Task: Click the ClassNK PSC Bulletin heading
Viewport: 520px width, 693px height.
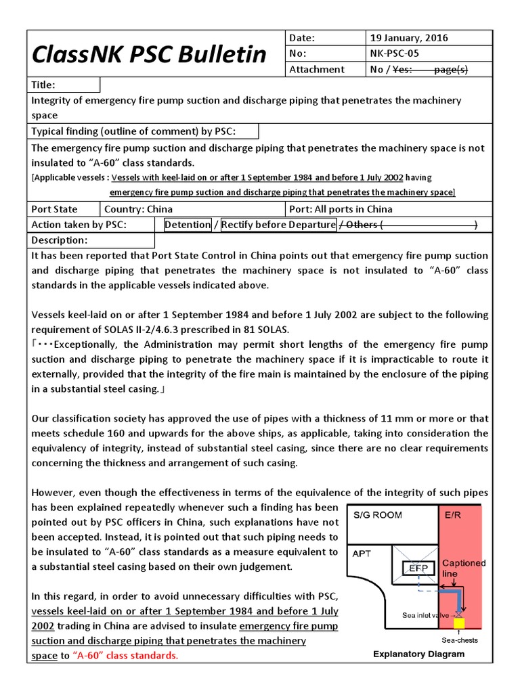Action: [x=150, y=54]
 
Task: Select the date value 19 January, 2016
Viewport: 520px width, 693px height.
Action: [x=408, y=38]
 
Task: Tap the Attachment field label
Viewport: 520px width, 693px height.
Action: [x=316, y=69]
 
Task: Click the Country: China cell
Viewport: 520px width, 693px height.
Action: [x=138, y=209]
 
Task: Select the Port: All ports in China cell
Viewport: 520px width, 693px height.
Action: [x=341, y=209]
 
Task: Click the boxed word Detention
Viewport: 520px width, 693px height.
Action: [x=188, y=225]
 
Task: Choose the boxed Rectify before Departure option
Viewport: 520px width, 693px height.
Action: [x=278, y=225]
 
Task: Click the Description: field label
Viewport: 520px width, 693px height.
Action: [x=60, y=240]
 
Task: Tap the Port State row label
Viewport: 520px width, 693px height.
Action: [x=54, y=209]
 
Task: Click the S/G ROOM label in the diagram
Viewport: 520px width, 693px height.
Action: [x=378, y=515]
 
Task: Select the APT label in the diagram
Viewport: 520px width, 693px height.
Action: [x=362, y=553]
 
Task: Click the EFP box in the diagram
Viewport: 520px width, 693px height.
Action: [x=418, y=569]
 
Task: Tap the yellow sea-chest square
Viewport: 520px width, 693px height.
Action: [x=459, y=623]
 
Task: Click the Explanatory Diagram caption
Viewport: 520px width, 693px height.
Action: [x=418, y=654]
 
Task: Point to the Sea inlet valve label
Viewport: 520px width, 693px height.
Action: [x=428, y=615]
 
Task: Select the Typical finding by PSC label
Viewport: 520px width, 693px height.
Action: [x=133, y=131]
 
